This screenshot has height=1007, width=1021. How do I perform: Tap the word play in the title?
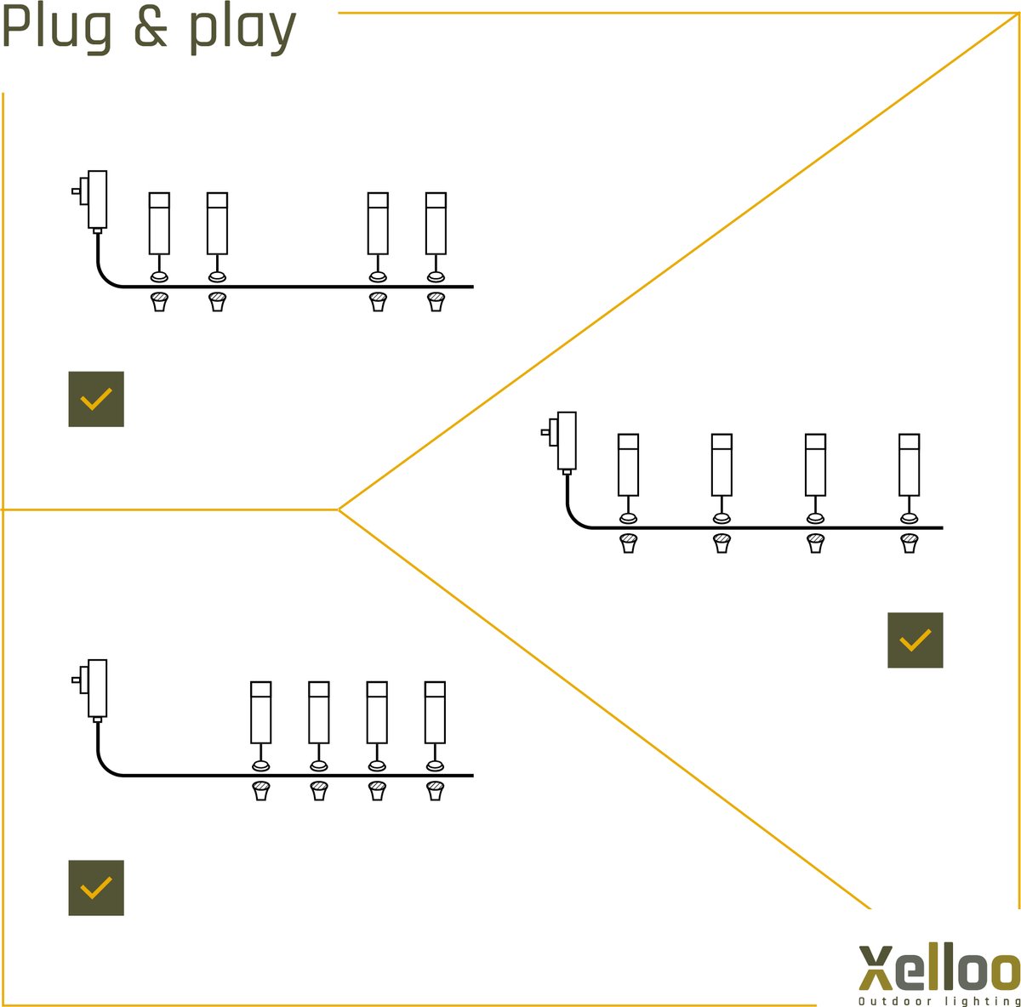(242, 30)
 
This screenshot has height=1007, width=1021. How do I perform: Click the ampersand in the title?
(151, 28)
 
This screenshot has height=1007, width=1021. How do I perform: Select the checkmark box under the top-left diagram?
(96, 399)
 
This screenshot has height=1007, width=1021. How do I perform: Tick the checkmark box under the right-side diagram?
(915, 640)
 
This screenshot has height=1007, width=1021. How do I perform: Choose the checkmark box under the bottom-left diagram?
(96, 888)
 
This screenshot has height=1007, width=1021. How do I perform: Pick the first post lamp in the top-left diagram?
(159, 224)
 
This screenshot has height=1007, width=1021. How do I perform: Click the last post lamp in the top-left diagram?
(436, 224)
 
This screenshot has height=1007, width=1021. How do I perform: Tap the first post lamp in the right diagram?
(628, 464)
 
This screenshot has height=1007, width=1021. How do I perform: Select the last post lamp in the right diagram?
(909, 464)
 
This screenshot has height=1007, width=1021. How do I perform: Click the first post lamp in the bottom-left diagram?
(260, 712)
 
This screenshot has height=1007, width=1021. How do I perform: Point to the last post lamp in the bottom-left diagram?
(435, 712)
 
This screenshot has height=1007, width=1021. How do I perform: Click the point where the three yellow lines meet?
(339, 509)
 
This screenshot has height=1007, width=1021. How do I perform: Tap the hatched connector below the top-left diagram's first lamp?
(159, 302)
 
